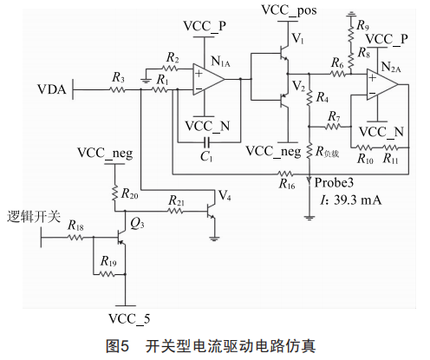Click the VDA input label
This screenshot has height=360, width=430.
pyautogui.click(x=52, y=89)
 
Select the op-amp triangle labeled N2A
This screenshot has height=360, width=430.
pyautogui.click(x=382, y=85)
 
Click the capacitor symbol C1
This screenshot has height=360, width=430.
pyautogui.click(x=207, y=142)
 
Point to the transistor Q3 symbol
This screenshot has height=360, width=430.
pyautogui.click(x=122, y=237)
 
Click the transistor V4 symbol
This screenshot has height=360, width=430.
pyautogui.click(x=211, y=212)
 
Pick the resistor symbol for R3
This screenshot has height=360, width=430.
pyautogui.click(x=118, y=90)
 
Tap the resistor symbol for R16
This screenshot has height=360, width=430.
pyautogui.click(x=285, y=174)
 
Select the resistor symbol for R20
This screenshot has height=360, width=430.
pyautogui.click(x=115, y=193)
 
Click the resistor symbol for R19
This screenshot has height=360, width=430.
pyautogui.click(x=107, y=274)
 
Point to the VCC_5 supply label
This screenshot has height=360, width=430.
pyautogui.click(x=129, y=319)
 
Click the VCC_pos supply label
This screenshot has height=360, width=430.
pyautogui.click(x=289, y=10)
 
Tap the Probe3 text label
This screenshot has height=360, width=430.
pyautogui.click(x=334, y=183)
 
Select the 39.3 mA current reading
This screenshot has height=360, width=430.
pyautogui.click(x=357, y=200)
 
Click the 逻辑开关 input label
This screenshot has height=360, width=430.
pyautogui.click(x=34, y=217)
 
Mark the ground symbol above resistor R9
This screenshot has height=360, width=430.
pyautogui.click(x=351, y=13)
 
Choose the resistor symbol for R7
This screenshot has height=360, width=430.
pyautogui.click(x=333, y=127)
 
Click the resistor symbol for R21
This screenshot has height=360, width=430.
pyautogui.click(x=176, y=212)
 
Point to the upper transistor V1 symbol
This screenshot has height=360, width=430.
pyautogui.click(x=284, y=54)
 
